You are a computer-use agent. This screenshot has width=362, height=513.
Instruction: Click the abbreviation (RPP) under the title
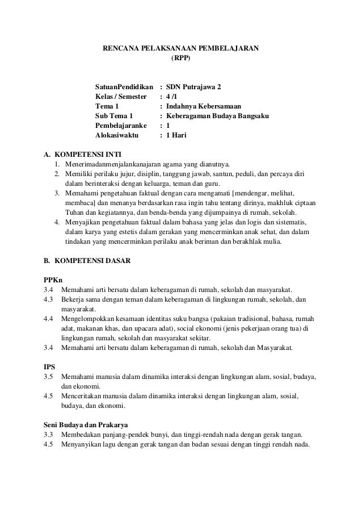coord(181,58)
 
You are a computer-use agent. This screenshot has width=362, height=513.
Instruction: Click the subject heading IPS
coord(49,366)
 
